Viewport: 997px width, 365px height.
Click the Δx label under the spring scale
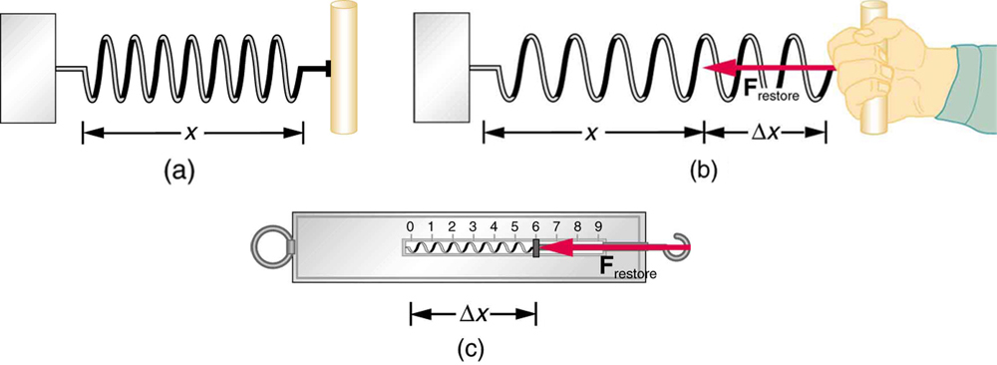473,313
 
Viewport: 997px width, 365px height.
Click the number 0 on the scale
410,226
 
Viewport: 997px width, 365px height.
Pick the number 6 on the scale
536,226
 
